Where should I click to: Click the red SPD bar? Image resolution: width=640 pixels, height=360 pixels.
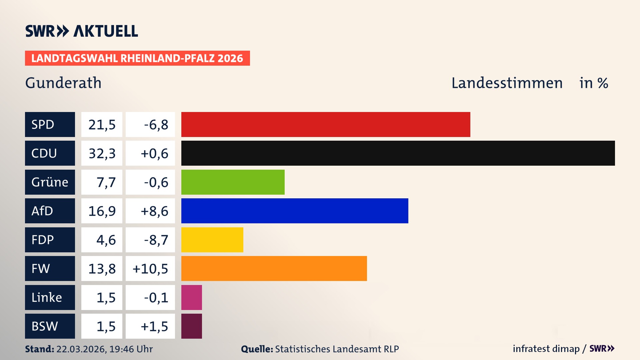[x=326, y=124]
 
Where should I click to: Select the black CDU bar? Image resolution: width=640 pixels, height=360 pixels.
[x=398, y=153]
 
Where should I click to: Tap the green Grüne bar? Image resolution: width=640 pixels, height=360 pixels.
[x=233, y=182]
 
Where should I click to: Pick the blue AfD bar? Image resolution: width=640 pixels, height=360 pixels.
[x=295, y=211]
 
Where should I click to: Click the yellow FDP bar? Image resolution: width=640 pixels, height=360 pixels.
[x=212, y=240]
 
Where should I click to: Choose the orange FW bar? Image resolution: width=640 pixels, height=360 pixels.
[x=274, y=268]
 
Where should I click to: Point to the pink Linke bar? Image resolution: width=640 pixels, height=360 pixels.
[x=191, y=297]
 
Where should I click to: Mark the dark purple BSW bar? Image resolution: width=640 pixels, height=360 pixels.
[x=191, y=326]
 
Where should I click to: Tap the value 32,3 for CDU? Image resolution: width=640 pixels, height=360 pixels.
[x=102, y=153]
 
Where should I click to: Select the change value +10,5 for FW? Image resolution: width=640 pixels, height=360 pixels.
[x=150, y=268]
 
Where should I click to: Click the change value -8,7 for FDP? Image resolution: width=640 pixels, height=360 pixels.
[x=156, y=240]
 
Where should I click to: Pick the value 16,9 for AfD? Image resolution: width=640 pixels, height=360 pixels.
[x=102, y=211]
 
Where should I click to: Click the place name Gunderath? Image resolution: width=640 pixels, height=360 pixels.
[x=63, y=83]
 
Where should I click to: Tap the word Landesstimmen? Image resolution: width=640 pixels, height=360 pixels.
[x=507, y=83]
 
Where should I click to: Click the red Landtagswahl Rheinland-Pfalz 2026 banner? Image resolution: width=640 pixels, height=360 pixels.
[x=137, y=58]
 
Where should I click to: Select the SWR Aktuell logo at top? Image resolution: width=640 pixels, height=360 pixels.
[x=82, y=31]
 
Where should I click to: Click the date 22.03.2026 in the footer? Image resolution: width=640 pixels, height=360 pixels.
[x=81, y=349]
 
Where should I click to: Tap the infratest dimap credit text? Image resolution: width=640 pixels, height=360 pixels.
[x=546, y=349]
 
